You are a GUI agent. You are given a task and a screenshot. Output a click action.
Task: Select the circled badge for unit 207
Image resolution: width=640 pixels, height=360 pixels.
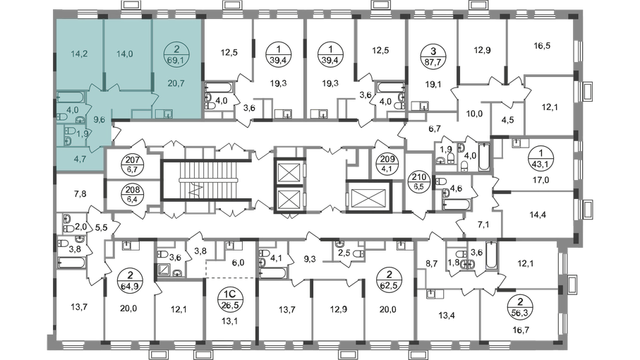click(x=133, y=165)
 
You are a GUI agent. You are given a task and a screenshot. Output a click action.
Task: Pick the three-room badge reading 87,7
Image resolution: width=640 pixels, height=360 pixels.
click(x=433, y=56)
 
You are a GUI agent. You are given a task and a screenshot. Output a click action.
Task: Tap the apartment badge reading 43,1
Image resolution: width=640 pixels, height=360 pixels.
click(x=541, y=159)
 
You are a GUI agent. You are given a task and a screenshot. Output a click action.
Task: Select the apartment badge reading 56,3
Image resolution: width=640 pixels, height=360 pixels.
click(x=519, y=307)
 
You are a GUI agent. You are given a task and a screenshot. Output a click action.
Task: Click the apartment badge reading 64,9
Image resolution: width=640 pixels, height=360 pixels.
click(x=129, y=280)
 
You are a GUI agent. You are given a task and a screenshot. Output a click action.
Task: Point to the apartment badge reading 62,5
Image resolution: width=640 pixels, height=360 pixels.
click(x=389, y=280)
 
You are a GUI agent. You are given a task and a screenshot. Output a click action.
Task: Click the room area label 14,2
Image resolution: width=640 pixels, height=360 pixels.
click(x=79, y=54)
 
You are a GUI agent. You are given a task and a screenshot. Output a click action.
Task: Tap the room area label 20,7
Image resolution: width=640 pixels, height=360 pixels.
click(x=176, y=83)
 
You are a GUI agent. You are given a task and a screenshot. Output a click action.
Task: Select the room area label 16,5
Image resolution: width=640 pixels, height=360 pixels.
click(x=542, y=46)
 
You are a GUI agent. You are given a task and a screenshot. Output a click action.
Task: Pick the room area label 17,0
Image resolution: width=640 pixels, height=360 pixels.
click(x=541, y=179)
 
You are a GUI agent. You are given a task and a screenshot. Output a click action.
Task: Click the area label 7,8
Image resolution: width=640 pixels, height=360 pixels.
click(x=81, y=194)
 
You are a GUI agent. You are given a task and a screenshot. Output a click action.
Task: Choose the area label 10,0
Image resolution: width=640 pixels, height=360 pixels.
click(x=474, y=114)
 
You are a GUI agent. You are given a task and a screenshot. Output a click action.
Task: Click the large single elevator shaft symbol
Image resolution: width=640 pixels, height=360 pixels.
click(x=368, y=196)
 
